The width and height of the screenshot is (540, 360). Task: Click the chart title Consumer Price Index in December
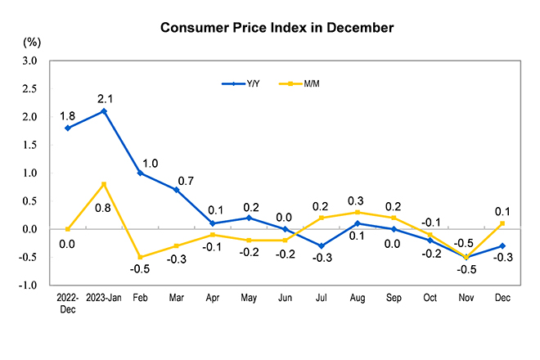pyautogui.click(x=277, y=28)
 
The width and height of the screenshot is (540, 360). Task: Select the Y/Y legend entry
pyautogui.click(x=241, y=83)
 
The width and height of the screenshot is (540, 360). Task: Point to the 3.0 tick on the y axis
pyautogui.click(x=29, y=61)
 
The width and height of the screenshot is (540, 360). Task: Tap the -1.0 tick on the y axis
pyautogui.click(x=28, y=286)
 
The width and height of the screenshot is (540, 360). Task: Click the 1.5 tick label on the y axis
pyautogui.click(x=29, y=145)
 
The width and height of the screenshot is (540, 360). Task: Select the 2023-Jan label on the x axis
pyautogui.click(x=104, y=298)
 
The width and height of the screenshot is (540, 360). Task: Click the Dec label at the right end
pyautogui.click(x=502, y=298)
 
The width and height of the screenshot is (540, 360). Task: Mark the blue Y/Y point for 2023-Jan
pyautogui.click(x=104, y=111)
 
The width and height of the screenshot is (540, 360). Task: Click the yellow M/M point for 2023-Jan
pyautogui.click(x=104, y=184)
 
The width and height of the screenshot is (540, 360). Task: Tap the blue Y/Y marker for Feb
pyautogui.click(x=139, y=173)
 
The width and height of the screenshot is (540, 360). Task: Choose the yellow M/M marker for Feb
pyautogui.click(x=139, y=257)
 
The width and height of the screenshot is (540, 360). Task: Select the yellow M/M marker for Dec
pyautogui.click(x=502, y=223)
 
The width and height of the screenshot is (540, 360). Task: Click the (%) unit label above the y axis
pyautogui.click(x=32, y=41)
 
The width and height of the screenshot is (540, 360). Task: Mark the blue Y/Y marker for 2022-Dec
pyautogui.click(x=67, y=128)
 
